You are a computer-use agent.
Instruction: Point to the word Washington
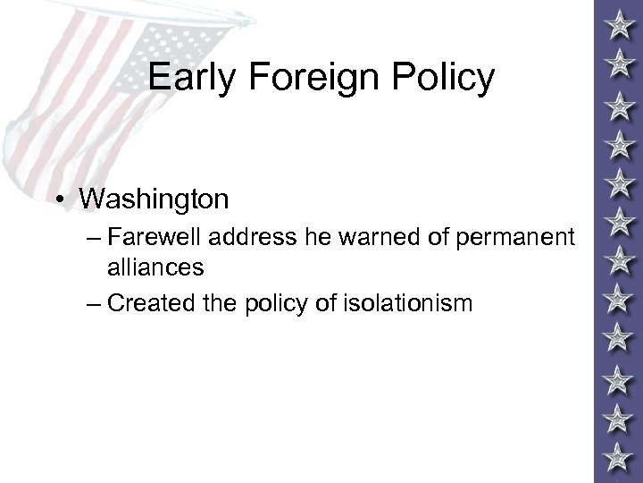coord(153,198)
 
